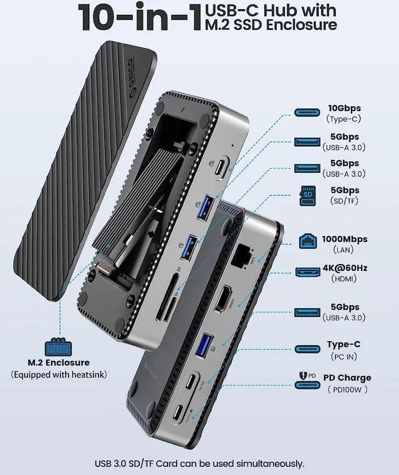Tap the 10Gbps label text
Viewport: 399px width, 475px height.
click(x=344, y=108)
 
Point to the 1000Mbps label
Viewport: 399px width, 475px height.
click(x=345, y=239)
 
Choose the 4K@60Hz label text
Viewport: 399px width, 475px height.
click(x=345, y=268)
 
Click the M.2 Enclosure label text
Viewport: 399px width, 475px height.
click(x=59, y=363)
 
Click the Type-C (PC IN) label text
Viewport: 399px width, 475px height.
click(x=344, y=344)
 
